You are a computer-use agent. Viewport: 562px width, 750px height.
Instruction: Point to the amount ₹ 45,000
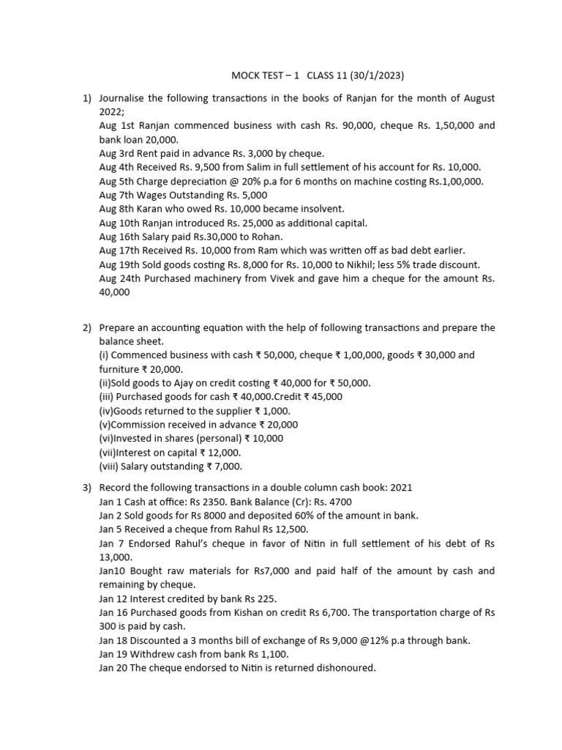pyautogui.click(x=318, y=397)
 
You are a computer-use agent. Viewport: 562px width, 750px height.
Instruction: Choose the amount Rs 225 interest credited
pyautogui.click(x=258, y=598)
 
